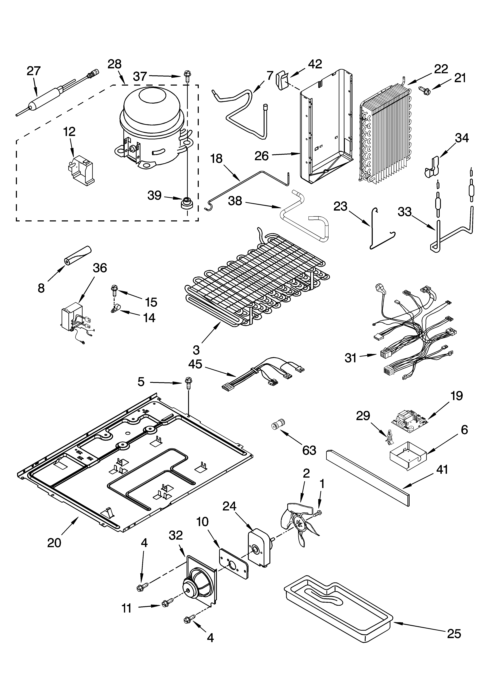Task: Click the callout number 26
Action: tap(262, 156)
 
